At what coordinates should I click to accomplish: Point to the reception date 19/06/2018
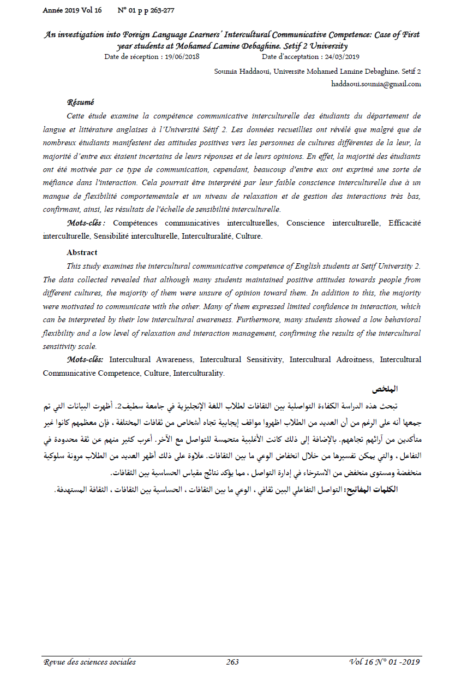click(x=184, y=56)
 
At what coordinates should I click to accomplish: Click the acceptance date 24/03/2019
click(x=340, y=56)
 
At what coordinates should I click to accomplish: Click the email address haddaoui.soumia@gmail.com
click(x=376, y=84)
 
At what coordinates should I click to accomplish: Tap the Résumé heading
click(x=80, y=102)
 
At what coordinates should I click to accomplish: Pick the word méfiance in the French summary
click(x=58, y=182)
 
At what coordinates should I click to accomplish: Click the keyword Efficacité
click(x=404, y=223)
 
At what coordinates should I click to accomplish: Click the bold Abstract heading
click(x=82, y=252)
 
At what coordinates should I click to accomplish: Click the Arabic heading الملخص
click(x=385, y=389)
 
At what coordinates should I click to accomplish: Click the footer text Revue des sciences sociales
click(x=89, y=662)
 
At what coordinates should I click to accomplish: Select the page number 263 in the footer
click(x=232, y=662)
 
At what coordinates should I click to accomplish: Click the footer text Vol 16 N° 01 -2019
click(x=384, y=662)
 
